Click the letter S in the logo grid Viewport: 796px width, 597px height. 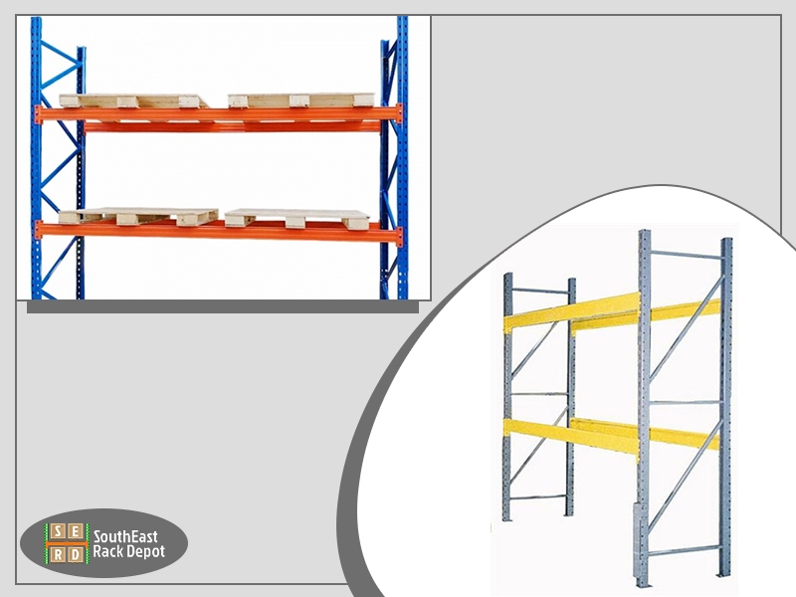pyautogui.click(x=59, y=532)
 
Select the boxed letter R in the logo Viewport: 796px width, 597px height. pyautogui.click(x=59, y=554)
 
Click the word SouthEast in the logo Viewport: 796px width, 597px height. pyautogui.click(x=125, y=536)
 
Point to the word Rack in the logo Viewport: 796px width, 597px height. pyautogui.click(x=107, y=552)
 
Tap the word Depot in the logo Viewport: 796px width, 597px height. pyautogui.click(x=145, y=553)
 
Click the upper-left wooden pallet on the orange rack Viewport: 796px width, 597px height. pyautogui.click(x=134, y=100)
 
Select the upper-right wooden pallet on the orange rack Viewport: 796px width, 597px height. pyautogui.click(x=301, y=100)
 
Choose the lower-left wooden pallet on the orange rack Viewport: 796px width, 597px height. pyautogui.click(x=138, y=217)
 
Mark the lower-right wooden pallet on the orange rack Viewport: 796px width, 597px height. pyautogui.click(x=298, y=219)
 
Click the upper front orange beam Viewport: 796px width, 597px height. pyautogui.click(x=218, y=113)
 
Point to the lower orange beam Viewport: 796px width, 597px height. pyautogui.click(x=218, y=232)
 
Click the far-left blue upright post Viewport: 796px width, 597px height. pyautogui.click(x=36, y=157)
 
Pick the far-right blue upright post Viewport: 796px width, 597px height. pyautogui.click(x=403, y=157)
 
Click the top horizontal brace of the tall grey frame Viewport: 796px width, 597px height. pyautogui.click(x=686, y=255)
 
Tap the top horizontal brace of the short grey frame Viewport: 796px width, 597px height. pyautogui.click(x=539, y=292)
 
